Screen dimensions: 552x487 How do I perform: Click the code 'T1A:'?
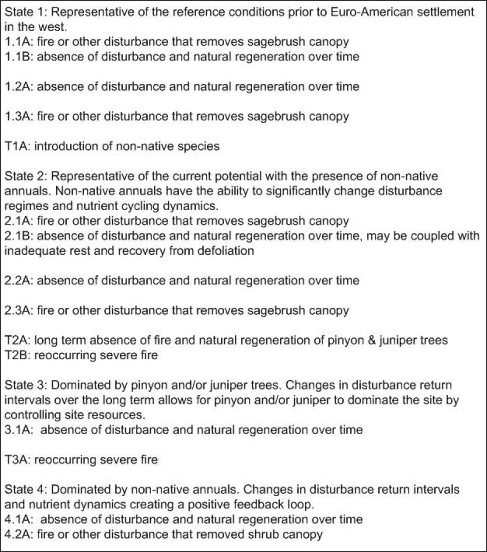click(x=18, y=145)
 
